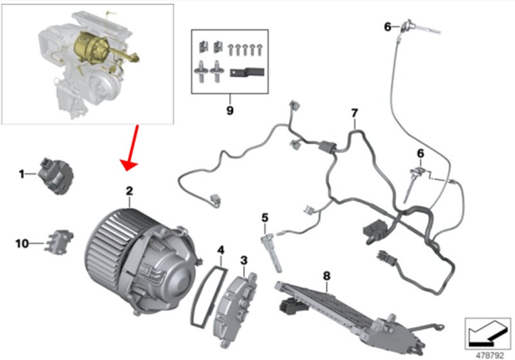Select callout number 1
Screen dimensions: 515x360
tap(22, 174)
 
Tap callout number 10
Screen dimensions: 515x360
tap(22, 244)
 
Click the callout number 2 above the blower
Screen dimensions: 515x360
tap(129, 191)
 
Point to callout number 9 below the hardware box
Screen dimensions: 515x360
tap(230, 110)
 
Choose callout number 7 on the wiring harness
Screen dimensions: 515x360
tap(354, 113)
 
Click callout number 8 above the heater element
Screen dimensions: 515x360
tap(326, 276)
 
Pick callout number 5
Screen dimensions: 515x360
tap(265, 218)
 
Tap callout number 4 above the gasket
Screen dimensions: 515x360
tap(221, 250)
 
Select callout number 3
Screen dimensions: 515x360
tap(244, 260)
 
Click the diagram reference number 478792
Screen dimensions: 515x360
tap(490, 355)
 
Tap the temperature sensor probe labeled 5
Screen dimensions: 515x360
tap(271, 253)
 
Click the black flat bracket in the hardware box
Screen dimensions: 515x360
tap(247, 72)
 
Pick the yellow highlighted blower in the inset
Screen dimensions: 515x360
tap(96, 47)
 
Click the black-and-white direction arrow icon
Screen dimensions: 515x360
tap(487, 334)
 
